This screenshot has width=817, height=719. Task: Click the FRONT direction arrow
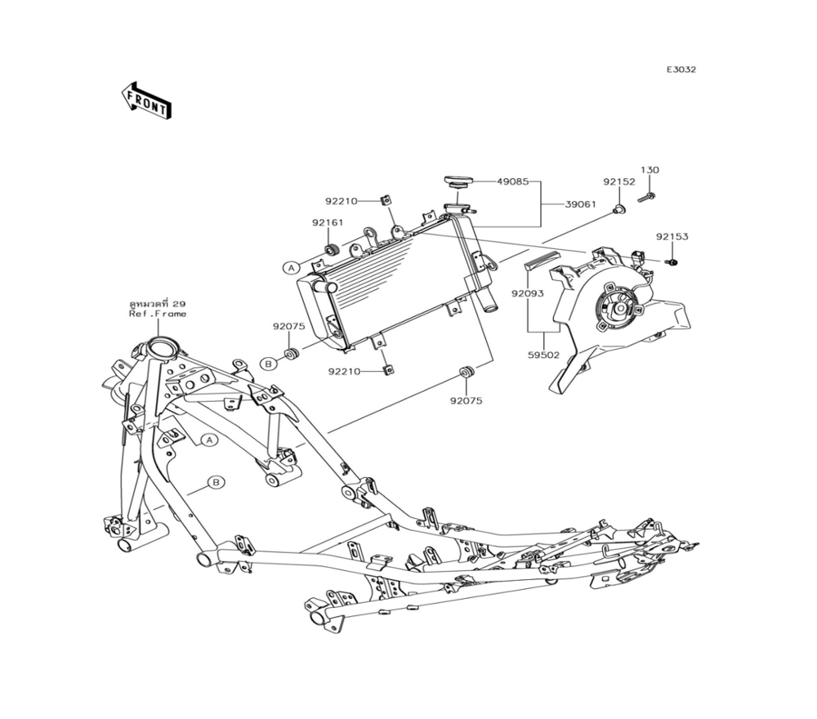[x=147, y=100]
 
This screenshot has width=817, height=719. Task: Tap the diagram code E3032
[x=681, y=69]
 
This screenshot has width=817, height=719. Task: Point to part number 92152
[x=619, y=183]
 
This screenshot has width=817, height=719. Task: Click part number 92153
[x=672, y=237]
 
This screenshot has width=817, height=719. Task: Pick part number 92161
[x=327, y=222]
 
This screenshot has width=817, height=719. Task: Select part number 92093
[x=528, y=291]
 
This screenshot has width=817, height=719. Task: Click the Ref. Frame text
[x=158, y=314]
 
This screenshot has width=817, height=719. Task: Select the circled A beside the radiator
[x=290, y=267]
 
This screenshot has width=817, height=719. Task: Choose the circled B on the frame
[x=216, y=483]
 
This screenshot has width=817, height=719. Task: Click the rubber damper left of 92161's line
[x=332, y=249]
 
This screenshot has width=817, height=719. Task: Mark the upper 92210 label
[x=340, y=199]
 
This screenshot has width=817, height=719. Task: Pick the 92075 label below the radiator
[x=465, y=400]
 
